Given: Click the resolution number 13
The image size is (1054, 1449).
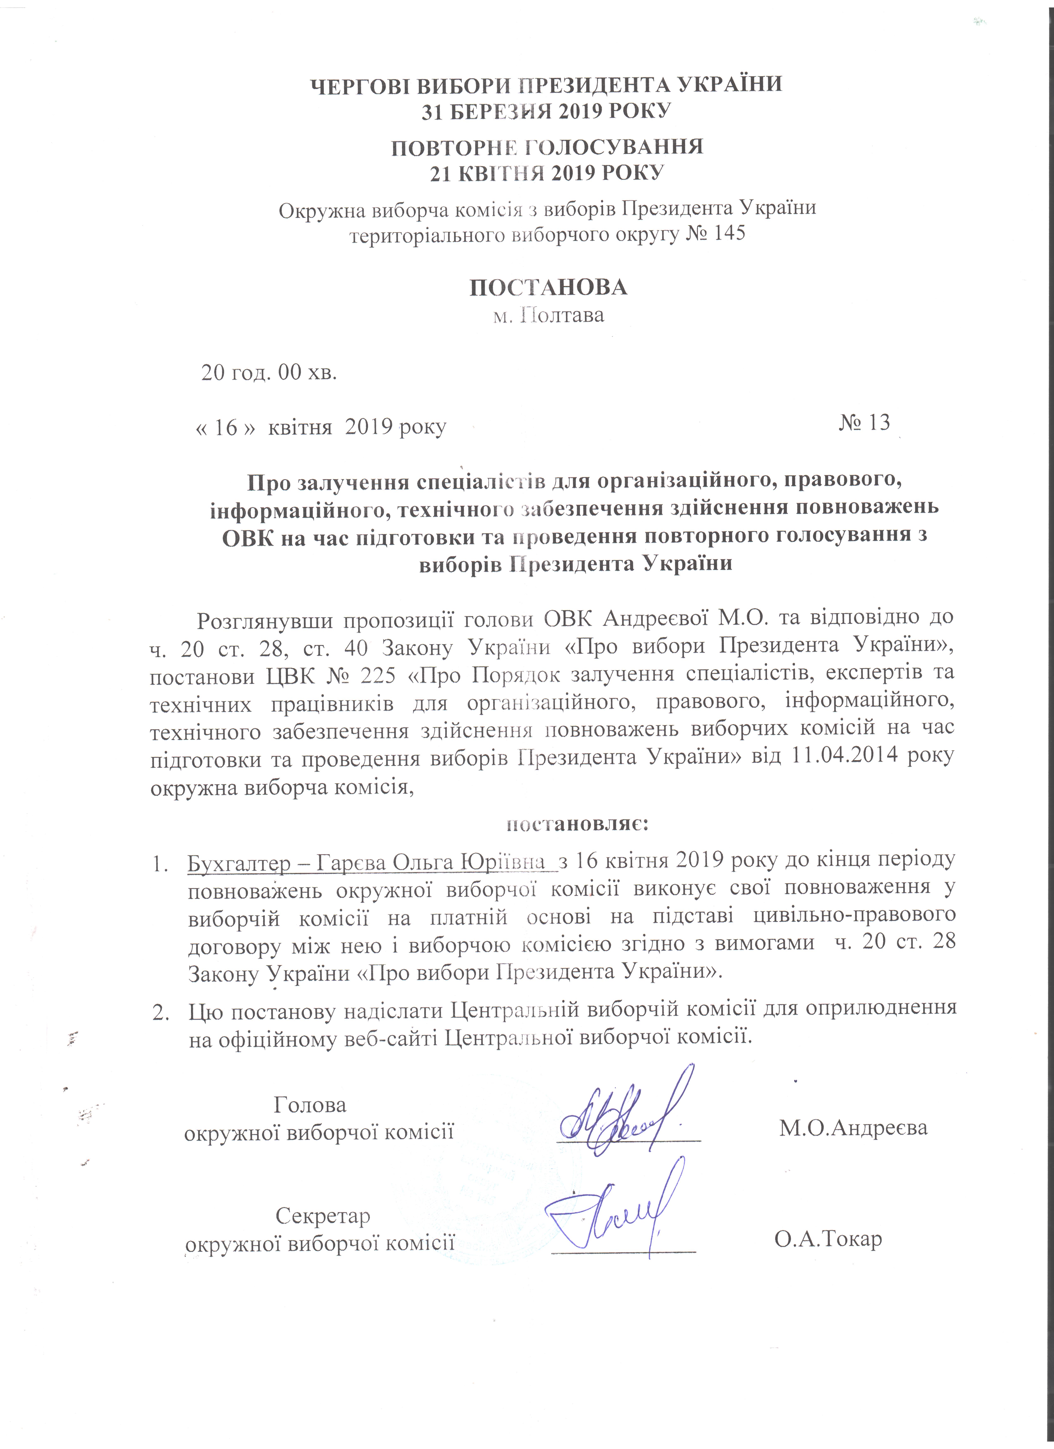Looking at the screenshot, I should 874,423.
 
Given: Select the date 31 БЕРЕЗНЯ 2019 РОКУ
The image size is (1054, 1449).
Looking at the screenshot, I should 546,111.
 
